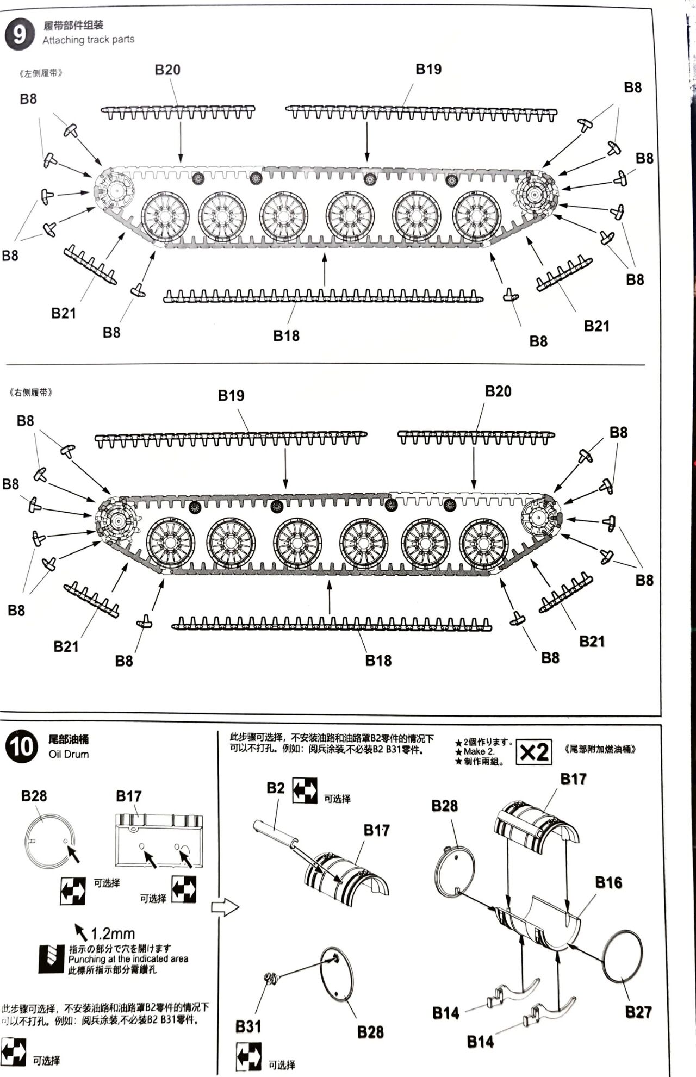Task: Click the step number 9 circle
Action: (19, 35)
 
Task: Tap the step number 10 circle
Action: (22, 746)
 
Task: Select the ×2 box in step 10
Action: (533, 752)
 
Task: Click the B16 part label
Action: (608, 882)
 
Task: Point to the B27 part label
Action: (638, 1012)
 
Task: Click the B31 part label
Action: (248, 1026)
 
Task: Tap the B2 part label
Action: (276, 788)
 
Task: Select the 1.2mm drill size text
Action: (113, 934)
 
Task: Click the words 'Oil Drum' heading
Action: (69, 754)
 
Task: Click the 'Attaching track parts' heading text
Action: (89, 40)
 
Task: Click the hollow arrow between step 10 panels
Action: (225, 907)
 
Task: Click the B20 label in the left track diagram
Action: (167, 70)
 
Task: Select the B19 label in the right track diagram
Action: (231, 395)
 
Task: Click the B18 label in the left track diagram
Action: (286, 335)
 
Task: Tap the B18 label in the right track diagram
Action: (378, 660)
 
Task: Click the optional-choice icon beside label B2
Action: (305, 790)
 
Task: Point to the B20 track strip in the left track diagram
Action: (178, 112)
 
